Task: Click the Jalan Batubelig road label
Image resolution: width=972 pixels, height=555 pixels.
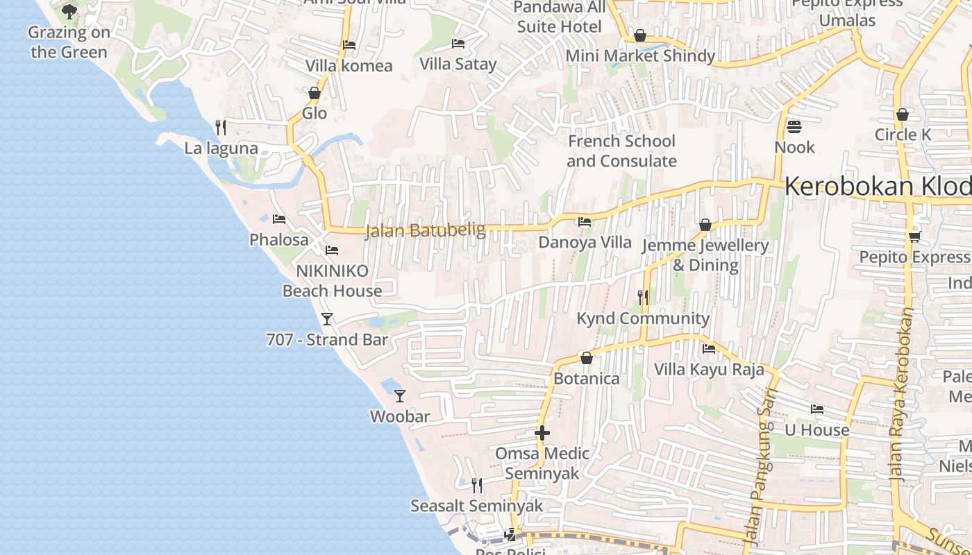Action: pos(425,230)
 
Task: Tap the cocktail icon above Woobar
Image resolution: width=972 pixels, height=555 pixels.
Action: pos(400,395)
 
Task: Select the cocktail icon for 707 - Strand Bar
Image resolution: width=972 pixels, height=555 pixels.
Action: pos(327,318)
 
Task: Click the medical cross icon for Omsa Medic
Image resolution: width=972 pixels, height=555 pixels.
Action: pos(542,433)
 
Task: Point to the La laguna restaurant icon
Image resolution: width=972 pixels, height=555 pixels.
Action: pos(221,127)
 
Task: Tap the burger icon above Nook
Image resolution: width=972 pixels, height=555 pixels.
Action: pos(795,127)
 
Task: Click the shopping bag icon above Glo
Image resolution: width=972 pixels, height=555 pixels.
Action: pos(315,92)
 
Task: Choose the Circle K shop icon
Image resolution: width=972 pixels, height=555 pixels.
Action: pos(903,114)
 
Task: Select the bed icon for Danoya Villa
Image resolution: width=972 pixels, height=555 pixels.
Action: pos(585,222)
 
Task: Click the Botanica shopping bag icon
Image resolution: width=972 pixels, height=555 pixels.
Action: pos(587,358)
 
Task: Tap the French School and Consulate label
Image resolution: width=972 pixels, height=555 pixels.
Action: pos(621,151)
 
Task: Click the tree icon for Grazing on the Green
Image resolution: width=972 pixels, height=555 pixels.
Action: pos(69,11)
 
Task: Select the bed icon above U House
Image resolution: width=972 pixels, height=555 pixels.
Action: pos(817,409)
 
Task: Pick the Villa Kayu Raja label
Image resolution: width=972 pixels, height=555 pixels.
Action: pos(709,369)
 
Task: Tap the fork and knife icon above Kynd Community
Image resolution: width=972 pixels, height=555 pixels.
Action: pos(643,298)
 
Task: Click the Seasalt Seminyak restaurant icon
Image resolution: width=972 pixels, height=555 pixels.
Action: pos(477,484)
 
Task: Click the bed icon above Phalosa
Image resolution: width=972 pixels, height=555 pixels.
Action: pos(279,219)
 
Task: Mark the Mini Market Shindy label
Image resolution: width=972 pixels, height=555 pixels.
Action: pos(640,55)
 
